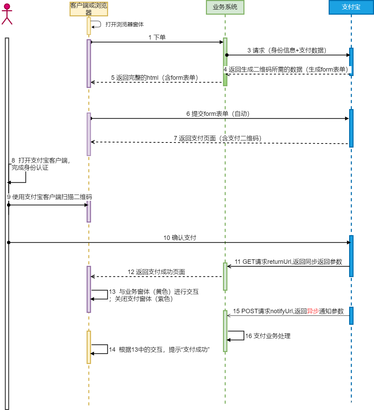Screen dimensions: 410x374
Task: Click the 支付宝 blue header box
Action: pyautogui.click(x=351, y=7)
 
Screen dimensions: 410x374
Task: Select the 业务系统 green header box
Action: pyautogui.click(x=225, y=7)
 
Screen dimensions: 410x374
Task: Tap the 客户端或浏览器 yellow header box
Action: pyautogui.click(x=89, y=9)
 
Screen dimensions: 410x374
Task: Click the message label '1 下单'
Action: pyautogui.click(x=157, y=37)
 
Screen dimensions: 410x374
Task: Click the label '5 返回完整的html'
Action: pyautogui.click(x=156, y=78)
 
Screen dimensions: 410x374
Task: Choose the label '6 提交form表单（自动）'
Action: pyautogui.click(x=220, y=114)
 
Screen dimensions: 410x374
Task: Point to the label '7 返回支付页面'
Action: pyautogui.click(x=219, y=138)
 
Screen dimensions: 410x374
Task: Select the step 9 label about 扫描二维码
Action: pyautogui.click(x=50, y=197)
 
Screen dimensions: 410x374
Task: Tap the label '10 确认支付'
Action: pyautogui.click(x=180, y=238)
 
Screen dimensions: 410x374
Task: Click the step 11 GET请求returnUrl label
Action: pyautogui.click(x=288, y=262)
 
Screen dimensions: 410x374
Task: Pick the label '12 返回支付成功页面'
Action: pyautogui.click(x=156, y=272)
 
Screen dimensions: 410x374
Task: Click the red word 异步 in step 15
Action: pyautogui.click(x=313, y=311)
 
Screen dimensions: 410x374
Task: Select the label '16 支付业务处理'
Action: pyautogui.click(x=268, y=336)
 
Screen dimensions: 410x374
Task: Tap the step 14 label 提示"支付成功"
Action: pyautogui.click(x=159, y=350)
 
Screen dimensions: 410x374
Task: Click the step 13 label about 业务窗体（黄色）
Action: pyautogui.click(x=153, y=295)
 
